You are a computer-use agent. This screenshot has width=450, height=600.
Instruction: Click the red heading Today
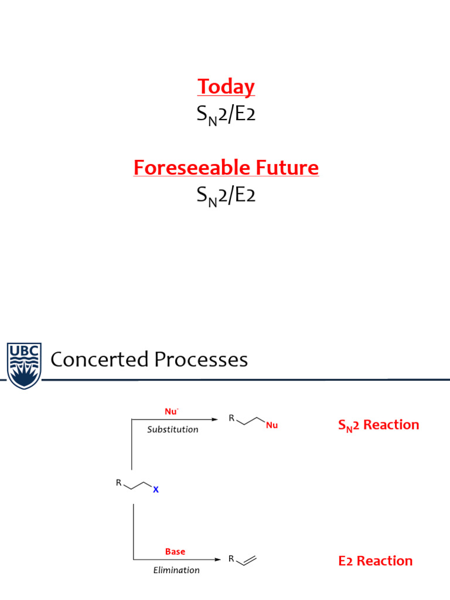(x=226, y=87)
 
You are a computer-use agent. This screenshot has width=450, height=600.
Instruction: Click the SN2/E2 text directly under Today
(x=226, y=115)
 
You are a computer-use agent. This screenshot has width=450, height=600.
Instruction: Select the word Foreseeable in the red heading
(x=185, y=168)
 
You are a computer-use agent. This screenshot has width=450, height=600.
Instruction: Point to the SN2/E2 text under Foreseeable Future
(x=226, y=196)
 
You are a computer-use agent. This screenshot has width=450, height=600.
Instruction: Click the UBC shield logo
(x=24, y=365)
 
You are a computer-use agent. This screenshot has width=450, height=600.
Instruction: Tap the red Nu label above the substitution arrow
(x=171, y=411)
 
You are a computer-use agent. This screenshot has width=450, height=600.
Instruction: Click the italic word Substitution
(x=172, y=429)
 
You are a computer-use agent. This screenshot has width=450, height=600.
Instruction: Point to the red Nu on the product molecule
(x=271, y=425)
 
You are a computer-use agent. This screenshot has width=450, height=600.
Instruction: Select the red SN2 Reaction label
(x=379, y=425)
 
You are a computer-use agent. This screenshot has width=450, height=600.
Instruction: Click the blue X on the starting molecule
(x=155, y=490)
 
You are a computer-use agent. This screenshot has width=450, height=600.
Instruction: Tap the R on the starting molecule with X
(x=119, y=483)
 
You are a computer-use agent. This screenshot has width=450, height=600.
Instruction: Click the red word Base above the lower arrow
(x=175, y=551)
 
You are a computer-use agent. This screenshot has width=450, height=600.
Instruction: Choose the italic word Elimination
(x=176, y=570)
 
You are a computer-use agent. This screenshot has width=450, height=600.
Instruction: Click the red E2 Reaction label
(x=375, y=561)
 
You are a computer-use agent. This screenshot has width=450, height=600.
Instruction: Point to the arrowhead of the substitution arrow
(x=216, y=419)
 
